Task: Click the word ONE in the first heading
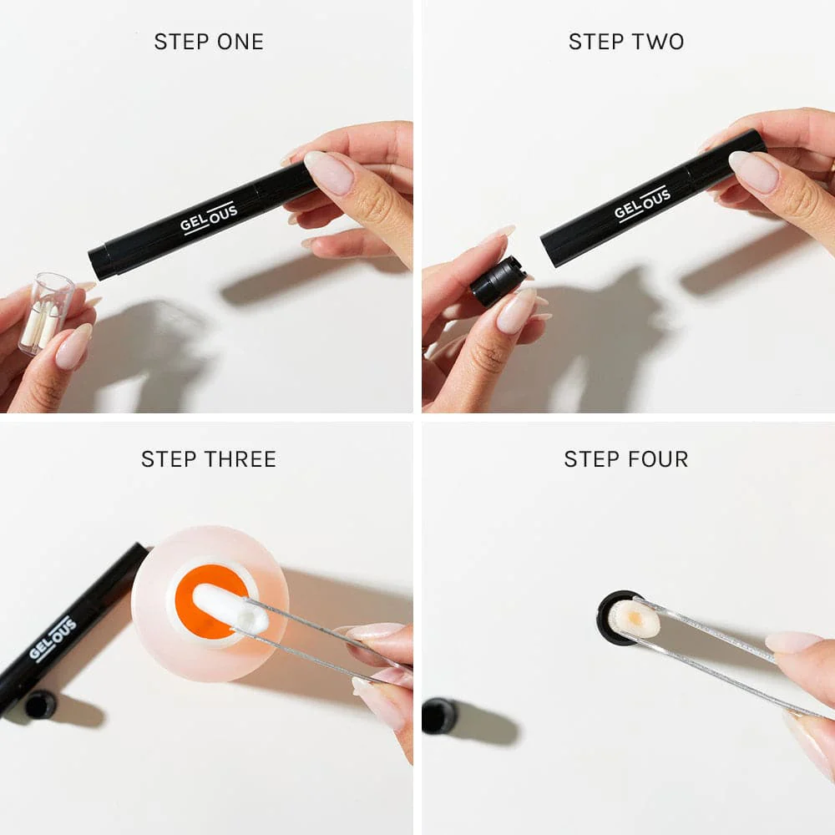[x=240, y=42]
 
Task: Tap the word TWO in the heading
[x=659, y=42]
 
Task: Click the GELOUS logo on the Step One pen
[x=210, y=218]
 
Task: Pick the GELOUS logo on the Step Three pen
[x=53, y=639]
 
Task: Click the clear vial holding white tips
[x=47, y=311]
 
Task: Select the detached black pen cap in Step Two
[x=497, y=281]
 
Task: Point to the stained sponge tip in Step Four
[x=634, y=619]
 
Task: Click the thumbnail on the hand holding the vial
[x=73, y=347]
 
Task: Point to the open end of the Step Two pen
[x=548, y=249]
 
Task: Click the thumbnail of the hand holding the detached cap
[x=515, y=311]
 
